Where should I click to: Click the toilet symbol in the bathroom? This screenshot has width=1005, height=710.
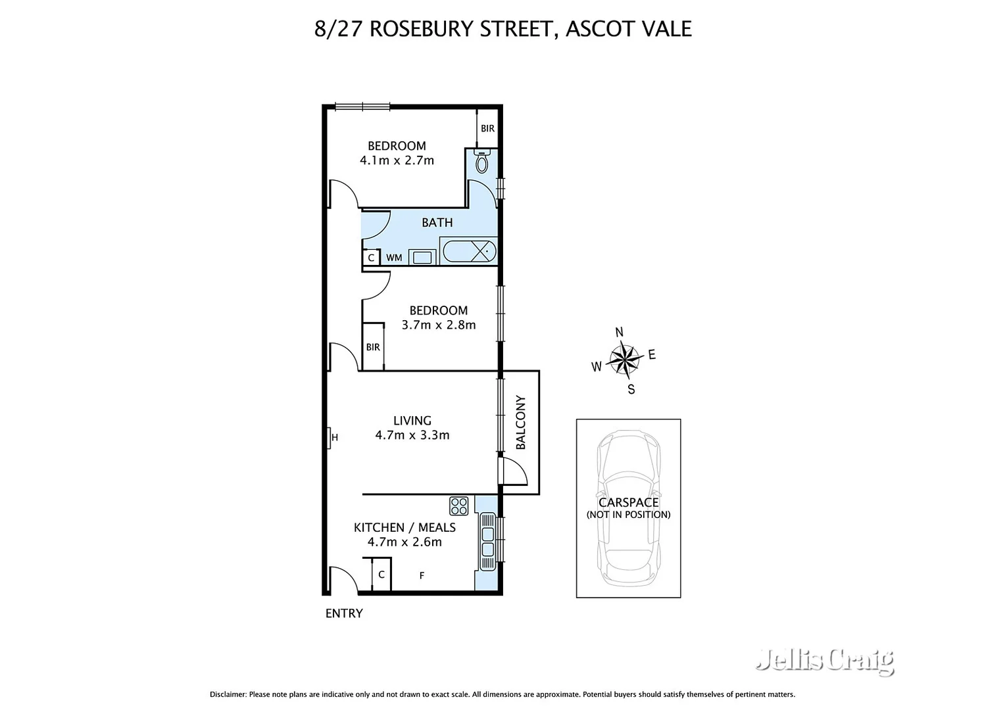[482, 162]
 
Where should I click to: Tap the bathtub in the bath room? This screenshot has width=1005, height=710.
[468, 251]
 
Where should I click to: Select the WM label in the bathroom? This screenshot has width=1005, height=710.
[394, 258]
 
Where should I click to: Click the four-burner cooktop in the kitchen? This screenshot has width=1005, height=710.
[458, 506]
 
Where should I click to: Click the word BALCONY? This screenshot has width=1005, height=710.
[521, 422]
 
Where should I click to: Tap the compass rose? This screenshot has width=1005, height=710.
[624, 359]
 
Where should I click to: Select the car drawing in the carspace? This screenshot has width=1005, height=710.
[628, 508]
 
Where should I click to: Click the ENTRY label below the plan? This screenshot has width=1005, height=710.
[344, 613]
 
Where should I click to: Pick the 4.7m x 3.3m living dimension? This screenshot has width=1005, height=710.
[412, 435]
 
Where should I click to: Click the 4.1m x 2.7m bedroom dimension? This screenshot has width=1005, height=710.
[397, 160]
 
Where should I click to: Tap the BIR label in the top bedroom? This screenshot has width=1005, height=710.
[487, 128]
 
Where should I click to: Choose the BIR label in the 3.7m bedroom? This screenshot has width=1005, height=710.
[373, 347]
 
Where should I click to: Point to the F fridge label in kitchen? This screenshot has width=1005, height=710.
[422, 576]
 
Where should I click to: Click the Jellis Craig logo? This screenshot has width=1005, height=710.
[825, 660]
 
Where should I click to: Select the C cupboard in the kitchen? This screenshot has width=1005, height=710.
[381, 575]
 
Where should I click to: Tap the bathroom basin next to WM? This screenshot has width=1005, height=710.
[422, 257]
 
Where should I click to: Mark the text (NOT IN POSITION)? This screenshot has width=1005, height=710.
[628, 515]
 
